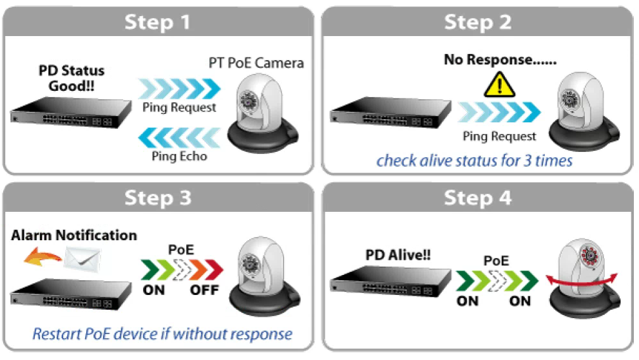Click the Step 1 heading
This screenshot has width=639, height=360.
coord(157,22)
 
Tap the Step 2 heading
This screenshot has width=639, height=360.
coord(477,22)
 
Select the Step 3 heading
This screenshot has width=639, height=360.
coord(158,198)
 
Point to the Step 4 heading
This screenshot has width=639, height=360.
coord(477,198)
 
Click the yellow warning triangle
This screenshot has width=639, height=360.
coord(499,85)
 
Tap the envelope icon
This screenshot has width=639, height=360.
coord(82,260)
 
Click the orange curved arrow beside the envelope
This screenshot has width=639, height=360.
coord(43,257)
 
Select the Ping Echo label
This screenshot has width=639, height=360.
coord(179,156)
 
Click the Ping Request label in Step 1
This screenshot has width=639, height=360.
coord(179,108)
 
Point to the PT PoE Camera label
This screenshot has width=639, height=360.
coord(256,63)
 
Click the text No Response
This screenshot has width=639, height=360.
coord(500,59)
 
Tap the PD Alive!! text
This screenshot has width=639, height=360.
coord(397,255)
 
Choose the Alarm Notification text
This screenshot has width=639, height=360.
coord(74,235)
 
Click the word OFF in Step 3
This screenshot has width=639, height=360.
coord(205,290)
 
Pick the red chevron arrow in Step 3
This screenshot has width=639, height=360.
coord(214,269)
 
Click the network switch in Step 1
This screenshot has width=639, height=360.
coord(71,113)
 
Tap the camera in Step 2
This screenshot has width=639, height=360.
coord(584,111)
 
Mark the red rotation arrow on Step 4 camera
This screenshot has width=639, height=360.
coord(582,281)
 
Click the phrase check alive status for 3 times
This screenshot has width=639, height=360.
coord(474,160)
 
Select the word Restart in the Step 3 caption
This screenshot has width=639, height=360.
coord(57,334)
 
